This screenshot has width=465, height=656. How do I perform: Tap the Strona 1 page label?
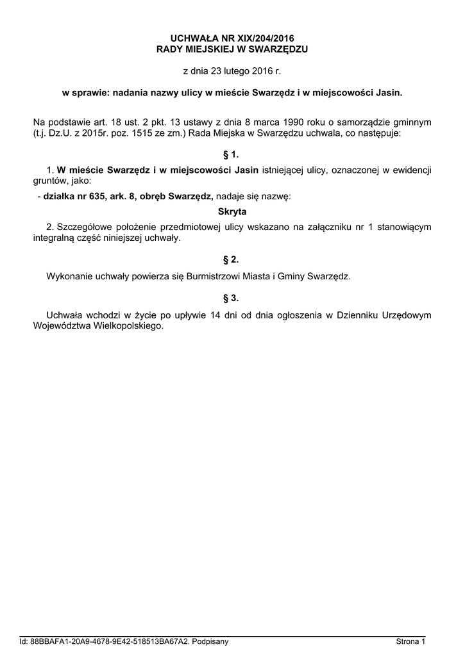pos(410,641)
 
